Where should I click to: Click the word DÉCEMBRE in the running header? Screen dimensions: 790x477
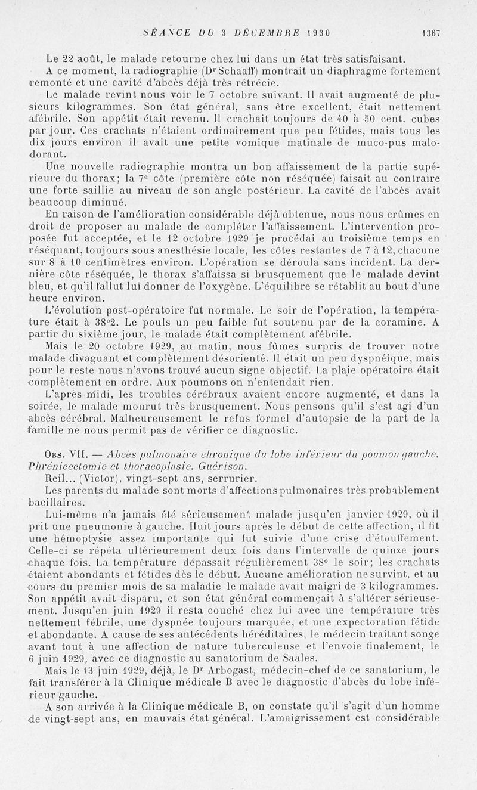pos(264,33)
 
